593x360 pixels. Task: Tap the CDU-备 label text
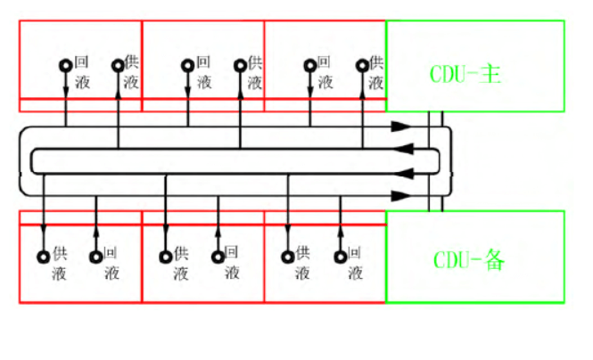coord(470,259)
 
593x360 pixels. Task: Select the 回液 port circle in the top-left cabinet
coord(66,65)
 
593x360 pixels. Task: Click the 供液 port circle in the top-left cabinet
coord(118,65)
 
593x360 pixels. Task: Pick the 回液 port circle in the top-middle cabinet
coord(187,65)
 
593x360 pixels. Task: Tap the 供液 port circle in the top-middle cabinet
coord(240,65)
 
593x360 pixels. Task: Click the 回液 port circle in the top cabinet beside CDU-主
coord(310,65)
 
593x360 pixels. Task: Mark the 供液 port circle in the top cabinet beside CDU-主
coord(363,65)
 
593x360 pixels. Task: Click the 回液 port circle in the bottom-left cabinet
coord(96,257)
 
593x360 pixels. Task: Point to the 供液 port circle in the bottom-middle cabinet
coord(166,257)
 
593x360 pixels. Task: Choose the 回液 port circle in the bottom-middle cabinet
coord(218,257)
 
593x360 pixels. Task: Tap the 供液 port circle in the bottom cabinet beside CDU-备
coord(288,257)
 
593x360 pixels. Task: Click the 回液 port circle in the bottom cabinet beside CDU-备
coord(341,257)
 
